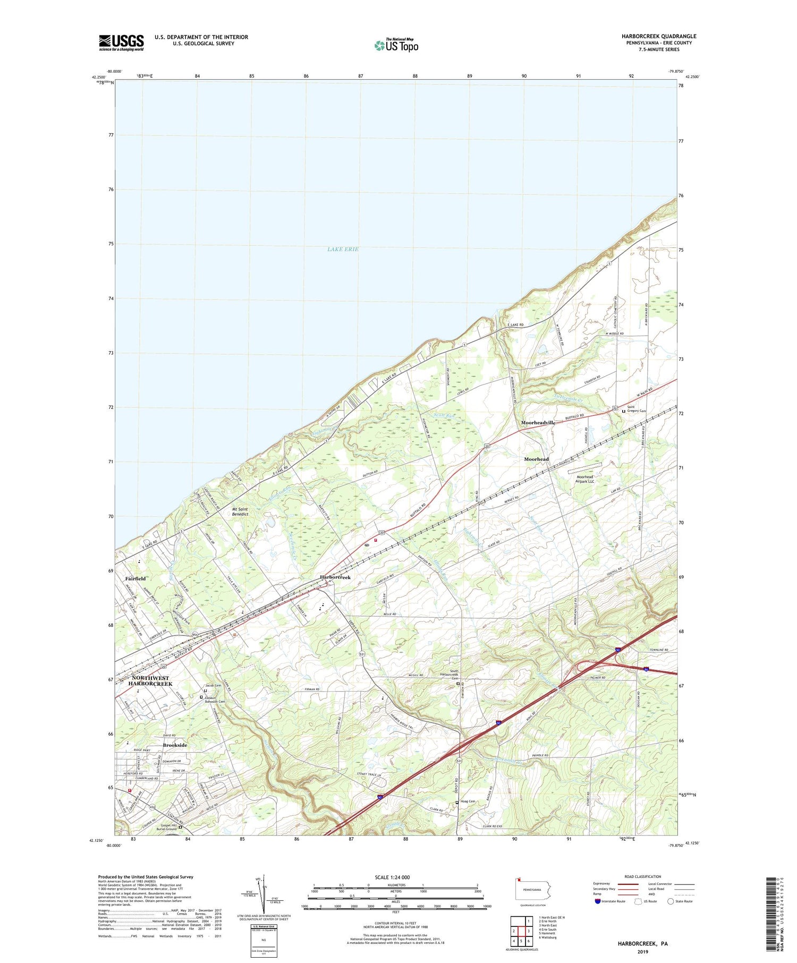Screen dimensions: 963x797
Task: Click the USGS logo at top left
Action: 121,42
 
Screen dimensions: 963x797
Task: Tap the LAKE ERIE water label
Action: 343,249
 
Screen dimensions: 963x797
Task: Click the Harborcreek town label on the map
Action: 335,577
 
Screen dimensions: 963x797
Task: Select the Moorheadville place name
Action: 538,422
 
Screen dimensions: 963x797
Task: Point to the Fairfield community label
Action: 135,578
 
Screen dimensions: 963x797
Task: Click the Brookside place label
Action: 175,745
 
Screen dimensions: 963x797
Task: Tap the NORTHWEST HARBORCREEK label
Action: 150,681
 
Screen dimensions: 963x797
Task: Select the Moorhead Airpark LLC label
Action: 584,479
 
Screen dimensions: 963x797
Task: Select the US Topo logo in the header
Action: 396,45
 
